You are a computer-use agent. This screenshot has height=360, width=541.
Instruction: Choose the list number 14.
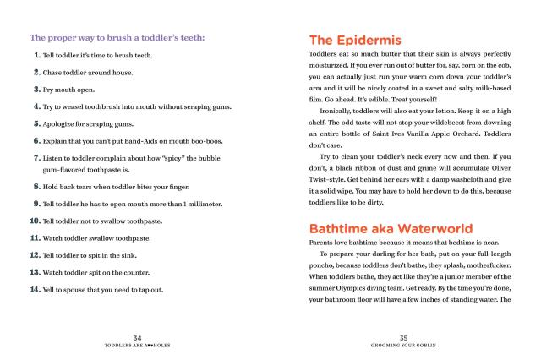(x=36, y=290)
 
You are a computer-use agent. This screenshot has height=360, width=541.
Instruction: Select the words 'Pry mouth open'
(x=70, y=89)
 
